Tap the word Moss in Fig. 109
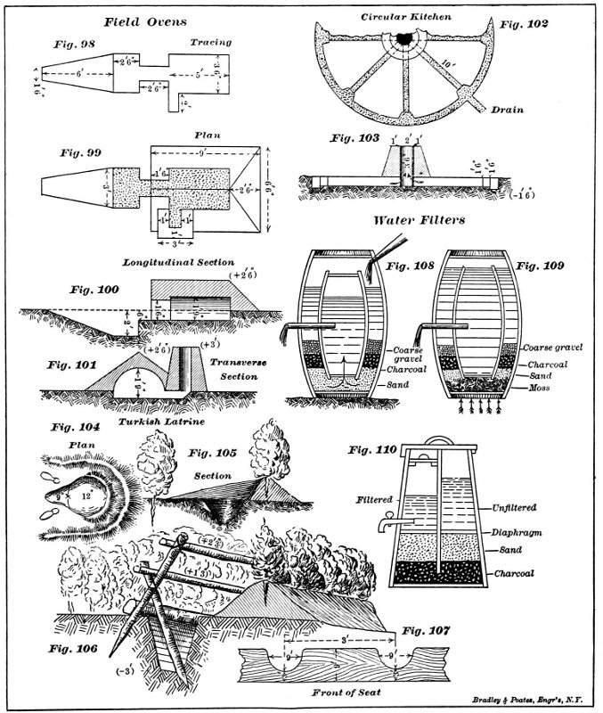537,389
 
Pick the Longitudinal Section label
167,263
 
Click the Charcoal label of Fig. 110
514,574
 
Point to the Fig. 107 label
428,631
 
